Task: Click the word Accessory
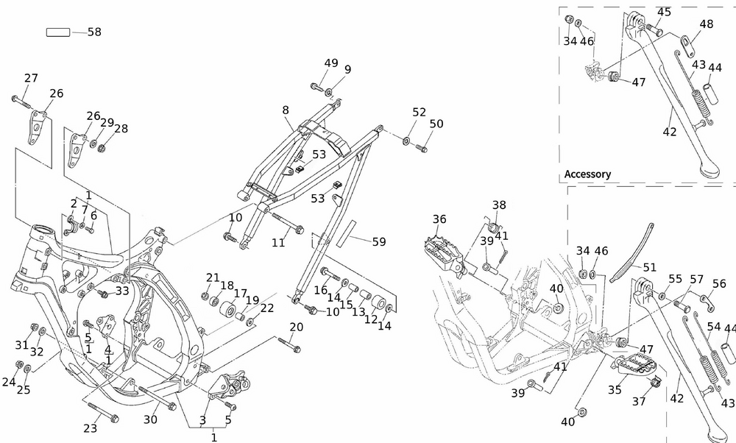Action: [x=587, y=174]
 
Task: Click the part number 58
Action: [x=94, y=32]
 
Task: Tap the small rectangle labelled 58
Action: [x=58, y=32]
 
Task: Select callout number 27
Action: [x=31, y=78]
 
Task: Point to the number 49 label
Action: [x=331, y=63]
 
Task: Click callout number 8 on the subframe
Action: [x=286, y=110]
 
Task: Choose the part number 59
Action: [x=378, y=241]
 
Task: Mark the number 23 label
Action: [x=91, y=428]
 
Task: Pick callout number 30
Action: [x=150, y=420]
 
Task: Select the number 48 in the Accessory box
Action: [x=706, y=24]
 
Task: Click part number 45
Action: [x=664, y=13]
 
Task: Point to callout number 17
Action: [x=241, y=294]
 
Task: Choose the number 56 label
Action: [x=719, y=284]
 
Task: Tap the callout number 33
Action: [x=121, y=291]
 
